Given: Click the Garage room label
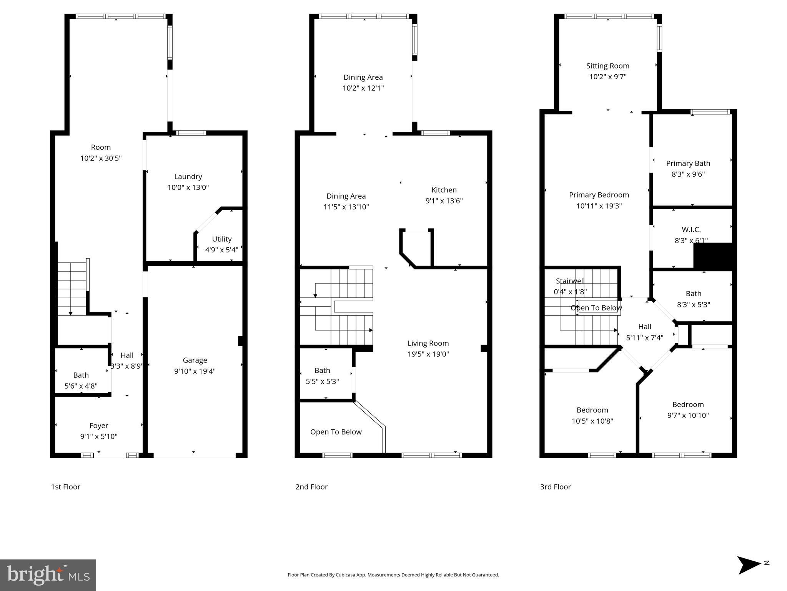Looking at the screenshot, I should tap(195, 360).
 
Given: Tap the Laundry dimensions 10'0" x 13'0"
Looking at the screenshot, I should tap(188, 187).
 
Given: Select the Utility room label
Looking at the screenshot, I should tap(221, 239).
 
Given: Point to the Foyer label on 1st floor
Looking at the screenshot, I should tap(99, 426).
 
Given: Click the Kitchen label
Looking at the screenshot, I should tap(444, 190).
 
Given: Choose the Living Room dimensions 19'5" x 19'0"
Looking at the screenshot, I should tap(428, 354).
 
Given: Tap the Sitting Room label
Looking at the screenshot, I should tap(607, 66).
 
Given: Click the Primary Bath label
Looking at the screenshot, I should tap(688, 163).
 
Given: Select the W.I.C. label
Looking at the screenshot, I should tap(691, 229).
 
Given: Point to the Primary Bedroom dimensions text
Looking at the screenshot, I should tap(599, 206).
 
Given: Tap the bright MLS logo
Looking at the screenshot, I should tap(48, 575).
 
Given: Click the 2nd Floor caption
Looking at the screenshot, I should tap(311, 487).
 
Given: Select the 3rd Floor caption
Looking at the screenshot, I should tap(555, 487).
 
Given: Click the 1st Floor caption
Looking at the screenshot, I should tap(65, 487).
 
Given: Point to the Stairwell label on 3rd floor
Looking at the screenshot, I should tap(570, 281).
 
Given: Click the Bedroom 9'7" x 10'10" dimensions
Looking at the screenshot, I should tap(688, 415).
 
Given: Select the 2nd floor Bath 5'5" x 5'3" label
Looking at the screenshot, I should tap(322, 371).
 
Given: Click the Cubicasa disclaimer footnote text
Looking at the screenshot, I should tap(393, 575).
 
